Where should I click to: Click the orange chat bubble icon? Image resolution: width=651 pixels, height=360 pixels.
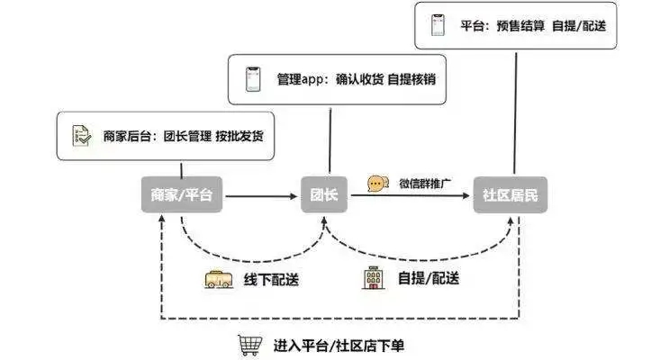[376, 184]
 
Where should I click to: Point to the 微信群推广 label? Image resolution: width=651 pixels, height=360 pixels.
[424, 184]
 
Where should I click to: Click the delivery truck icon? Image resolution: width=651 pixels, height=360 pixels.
[218, 279]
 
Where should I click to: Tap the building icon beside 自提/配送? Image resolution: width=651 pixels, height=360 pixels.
[371, 278]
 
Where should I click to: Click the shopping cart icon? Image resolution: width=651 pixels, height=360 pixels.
[249, 345]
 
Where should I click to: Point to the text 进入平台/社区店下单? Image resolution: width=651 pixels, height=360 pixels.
[335, 346]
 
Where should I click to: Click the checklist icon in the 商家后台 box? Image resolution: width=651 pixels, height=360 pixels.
[81, 137]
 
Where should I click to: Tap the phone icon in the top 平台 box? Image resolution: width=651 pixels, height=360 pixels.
[439, 25]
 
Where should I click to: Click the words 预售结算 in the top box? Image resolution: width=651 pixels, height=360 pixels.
[521, 25]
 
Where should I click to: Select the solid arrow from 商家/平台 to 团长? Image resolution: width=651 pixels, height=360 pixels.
[260, 195]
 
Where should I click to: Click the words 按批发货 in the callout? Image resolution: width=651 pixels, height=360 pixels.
[244, 137]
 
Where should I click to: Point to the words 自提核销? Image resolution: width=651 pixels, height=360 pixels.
[411, 80]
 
